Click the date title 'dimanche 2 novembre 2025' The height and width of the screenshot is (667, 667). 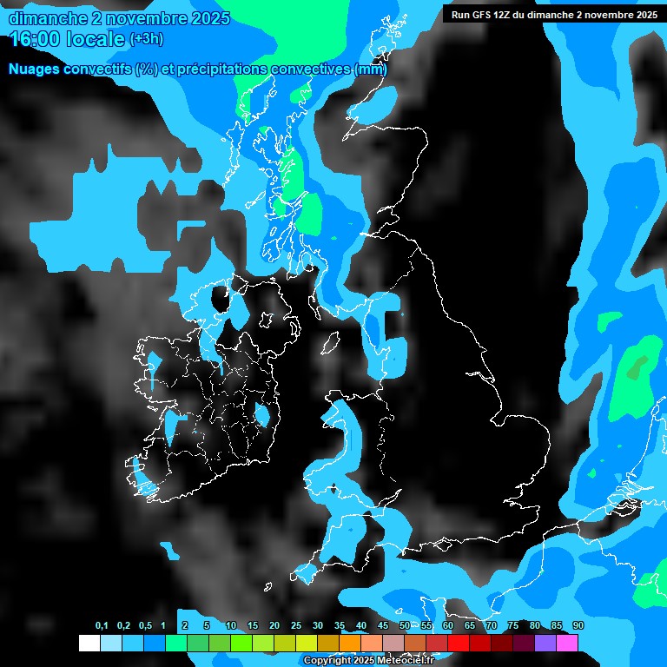pyautogui.click(x=119, y=18)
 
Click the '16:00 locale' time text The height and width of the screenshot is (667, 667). pyautogui.click(x=66, y=39)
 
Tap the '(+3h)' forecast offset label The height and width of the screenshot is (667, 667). pyautogui.click(x=146, y=39)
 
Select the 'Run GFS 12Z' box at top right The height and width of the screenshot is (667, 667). pyautogui.click(x=554, y=14)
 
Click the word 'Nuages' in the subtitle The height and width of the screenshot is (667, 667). pyautogui.click(x=35, y=69)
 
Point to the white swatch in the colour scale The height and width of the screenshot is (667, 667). pyautogui.click(x=89, y=643)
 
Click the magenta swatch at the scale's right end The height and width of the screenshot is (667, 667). pyautogui.click(x=567, y=643)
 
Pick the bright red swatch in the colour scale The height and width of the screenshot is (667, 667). pyautogui.click(x=459, y=643)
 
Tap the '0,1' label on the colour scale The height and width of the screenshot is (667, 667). pyautogui.click(x=102, y=626)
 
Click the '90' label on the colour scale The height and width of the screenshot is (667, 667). pyautogui.click(x=578, y=626)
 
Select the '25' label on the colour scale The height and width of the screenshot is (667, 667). pyautogui.click(x=296, y=626)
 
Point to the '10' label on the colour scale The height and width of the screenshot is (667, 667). pyautogui.click(x=231, y=626)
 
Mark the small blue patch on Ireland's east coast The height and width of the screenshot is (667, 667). pyautogui.click(x=261, y=416)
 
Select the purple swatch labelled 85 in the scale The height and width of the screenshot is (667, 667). pyautogui.click(x=545, y=643)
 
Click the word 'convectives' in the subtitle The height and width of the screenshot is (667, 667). pyautogui.click(x=311, y=69)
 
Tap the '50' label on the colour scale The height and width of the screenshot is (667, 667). pyautogui.click(x=405, y=626)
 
